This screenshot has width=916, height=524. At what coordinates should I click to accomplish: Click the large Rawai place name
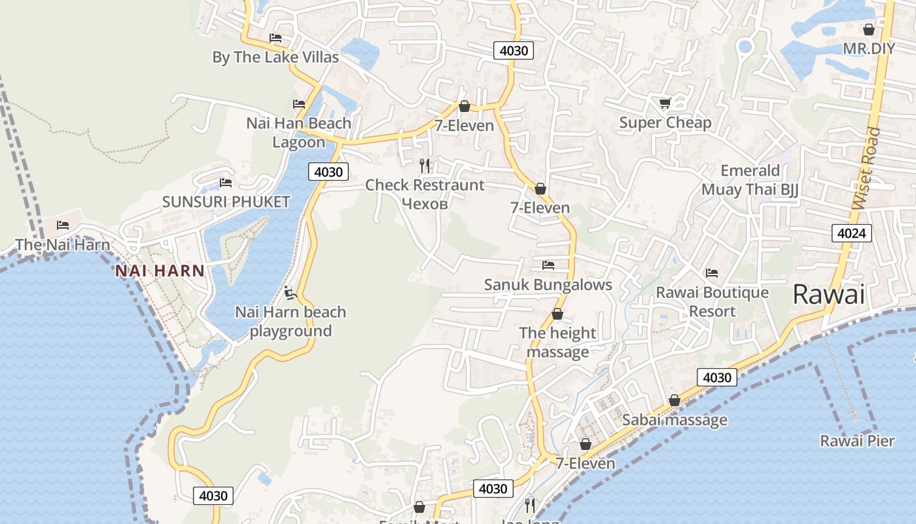pos(828,294)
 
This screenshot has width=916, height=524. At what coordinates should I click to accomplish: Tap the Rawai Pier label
pos(857,441)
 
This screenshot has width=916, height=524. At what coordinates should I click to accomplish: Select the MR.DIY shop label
pos(868,48)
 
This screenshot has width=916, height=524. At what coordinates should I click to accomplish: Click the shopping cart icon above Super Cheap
pos(665,103)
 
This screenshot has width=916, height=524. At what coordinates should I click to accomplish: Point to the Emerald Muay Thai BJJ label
pos(750,180)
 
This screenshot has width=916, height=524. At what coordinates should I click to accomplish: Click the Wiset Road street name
pos(868,168)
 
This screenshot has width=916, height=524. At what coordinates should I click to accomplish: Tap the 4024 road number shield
pos(852,233)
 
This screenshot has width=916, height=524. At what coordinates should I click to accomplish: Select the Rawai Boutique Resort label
pos(712,302)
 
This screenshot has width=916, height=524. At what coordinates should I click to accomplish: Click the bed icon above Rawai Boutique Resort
pos(712,272)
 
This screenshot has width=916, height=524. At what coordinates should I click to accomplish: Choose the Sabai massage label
pos(675,420)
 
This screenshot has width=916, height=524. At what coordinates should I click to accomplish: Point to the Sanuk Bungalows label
pos(548,284)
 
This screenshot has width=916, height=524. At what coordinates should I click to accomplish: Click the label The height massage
pos(557,343)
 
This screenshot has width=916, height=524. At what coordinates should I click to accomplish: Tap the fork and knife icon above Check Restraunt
pos(425,165)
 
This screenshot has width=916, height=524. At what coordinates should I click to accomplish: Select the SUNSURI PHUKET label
pos(226,202)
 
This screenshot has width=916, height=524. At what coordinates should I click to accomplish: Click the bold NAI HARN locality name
pos(160,271)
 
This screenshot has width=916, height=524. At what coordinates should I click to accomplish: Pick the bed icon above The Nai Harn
pos(63,225)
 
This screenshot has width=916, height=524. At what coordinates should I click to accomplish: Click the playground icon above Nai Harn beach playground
pos(291,292)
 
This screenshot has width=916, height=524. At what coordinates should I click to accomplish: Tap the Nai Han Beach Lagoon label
pos(298,132)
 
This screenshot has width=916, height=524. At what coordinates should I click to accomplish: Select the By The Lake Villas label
pos(275,57)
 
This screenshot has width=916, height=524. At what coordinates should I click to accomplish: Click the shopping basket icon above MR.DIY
pos(868,29)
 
